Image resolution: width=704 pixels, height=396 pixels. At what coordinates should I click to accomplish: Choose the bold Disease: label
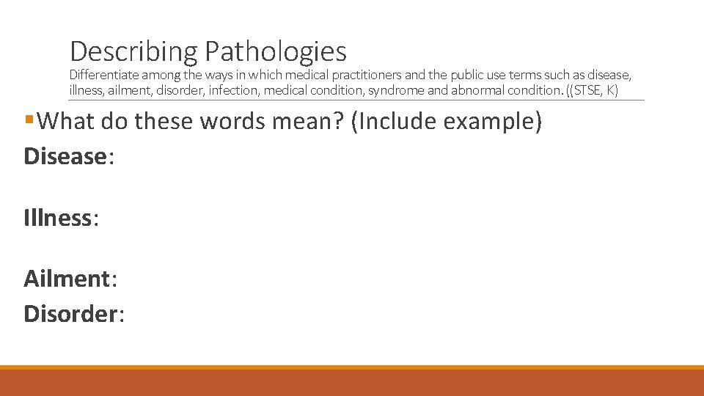(x=69, y=156)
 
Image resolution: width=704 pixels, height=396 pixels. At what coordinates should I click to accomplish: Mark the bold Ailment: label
(x=70, y=279)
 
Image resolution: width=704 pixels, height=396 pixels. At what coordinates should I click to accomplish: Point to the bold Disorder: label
(x=74, y=314)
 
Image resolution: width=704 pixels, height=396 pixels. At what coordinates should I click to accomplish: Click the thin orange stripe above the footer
(x=352, y=367)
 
